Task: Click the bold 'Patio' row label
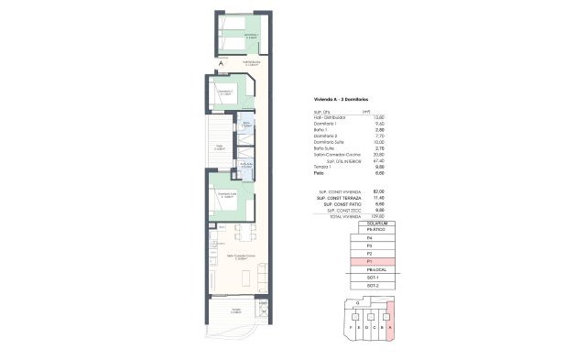point(319,172)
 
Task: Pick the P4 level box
point(369,238)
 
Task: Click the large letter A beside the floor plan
point(222,63)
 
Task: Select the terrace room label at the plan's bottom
point(235,311)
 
